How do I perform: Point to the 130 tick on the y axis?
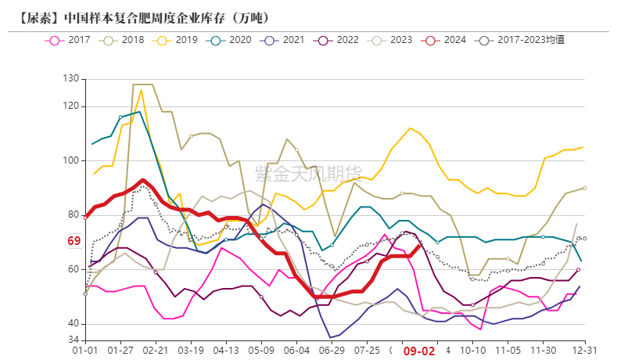coord(71,79)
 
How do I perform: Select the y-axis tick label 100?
coord(71,160)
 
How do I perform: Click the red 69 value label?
coord(74,242)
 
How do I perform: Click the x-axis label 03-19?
coord(191,351)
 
